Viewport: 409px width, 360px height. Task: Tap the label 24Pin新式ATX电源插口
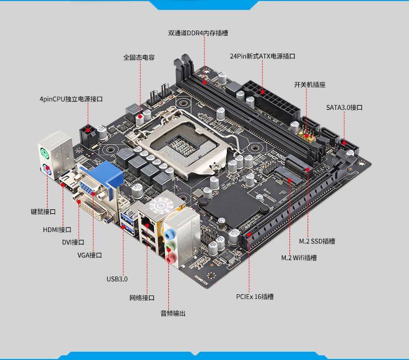pyautogui.click(x=262, y=56)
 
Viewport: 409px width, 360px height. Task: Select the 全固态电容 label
pyautogui.click(x=139, y=57)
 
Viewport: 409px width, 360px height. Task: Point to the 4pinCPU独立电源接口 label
pyautogui.click(x=71, y=98)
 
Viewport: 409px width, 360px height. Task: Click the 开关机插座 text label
pyautogui.click(x=310, y=84)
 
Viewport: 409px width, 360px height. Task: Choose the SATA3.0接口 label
pyautogui.click(x=344, y=107)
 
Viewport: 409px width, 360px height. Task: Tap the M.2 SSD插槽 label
pyautogui.click(x=317, y=241)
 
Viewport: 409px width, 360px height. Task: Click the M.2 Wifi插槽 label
pyautogui.click(x=299, y=257)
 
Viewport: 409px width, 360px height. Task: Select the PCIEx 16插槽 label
pyautogui.click(x=254, y=297)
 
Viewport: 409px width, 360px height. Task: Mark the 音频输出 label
pyautogui.click(x=172, y=313)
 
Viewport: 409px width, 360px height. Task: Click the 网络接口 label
pyautogui.click(x=142, y=298)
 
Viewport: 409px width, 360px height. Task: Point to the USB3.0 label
pyautogui.click(x=117, y=279)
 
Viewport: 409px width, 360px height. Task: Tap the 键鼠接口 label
pyautogui.click(x=43, y=212)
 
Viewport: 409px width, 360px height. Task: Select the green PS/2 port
pyautogui.click(x=46, y=153)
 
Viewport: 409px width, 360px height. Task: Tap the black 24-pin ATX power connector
pyautogui.click(x=264, y=98)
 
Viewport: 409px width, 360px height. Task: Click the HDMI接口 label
pyautogui.click(x=57, y=229)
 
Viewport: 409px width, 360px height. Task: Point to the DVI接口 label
pyautogui.click(x=73, y=242)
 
